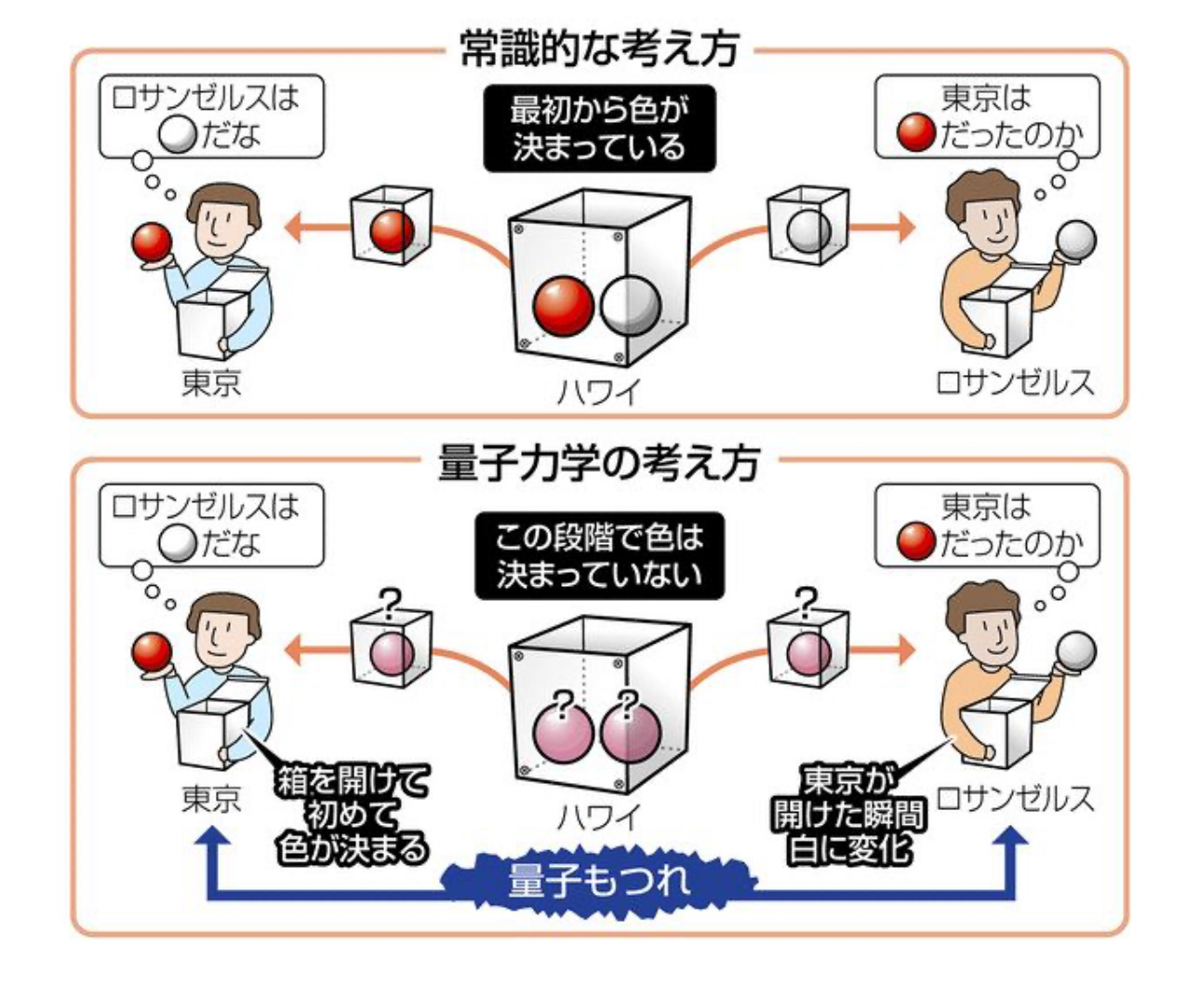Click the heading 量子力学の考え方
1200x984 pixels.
tap(599, 462)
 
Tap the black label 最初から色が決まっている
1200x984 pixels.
tap(598, 128)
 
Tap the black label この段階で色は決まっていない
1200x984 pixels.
tap(599, 554)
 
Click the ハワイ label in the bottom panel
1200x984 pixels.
tap(598, 817)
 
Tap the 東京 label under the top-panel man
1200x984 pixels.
tap(211, 383)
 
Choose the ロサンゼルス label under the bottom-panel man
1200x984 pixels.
tap(1014, 798)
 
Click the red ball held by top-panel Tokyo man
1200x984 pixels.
tap(152, 244)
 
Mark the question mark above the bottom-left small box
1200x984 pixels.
tap(389, 605)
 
